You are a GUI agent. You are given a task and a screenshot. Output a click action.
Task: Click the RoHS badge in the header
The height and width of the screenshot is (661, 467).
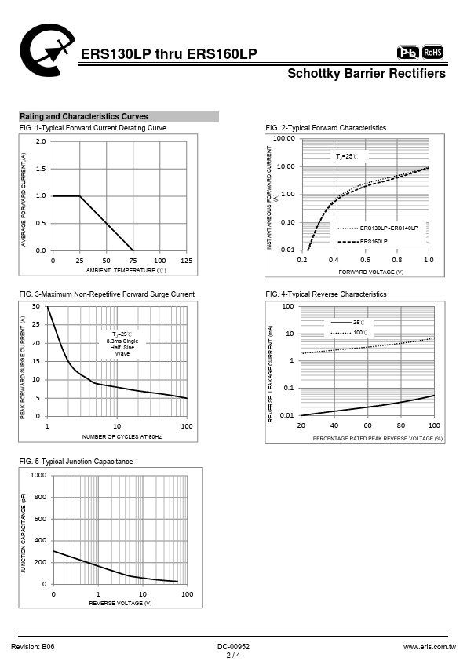point(433,53)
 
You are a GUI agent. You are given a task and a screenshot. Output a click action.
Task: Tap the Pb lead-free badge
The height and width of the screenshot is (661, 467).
point(408,53)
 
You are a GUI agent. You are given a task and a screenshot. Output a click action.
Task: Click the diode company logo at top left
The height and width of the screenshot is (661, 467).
point(46,49)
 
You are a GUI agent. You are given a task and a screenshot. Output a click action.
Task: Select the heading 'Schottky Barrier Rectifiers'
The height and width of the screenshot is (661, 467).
point(367,73)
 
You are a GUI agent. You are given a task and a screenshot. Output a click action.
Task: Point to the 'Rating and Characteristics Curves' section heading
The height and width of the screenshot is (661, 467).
point(84,116)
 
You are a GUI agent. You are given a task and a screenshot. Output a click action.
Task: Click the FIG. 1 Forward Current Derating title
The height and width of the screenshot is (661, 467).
point(93,128)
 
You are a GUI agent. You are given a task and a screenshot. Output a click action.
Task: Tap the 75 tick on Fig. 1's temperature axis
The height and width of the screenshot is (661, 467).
point(133,261)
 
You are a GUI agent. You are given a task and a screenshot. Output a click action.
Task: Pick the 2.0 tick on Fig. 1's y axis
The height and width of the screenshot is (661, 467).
point(41,141)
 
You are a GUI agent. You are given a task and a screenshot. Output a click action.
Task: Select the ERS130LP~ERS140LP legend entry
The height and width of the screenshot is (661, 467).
point(378,228)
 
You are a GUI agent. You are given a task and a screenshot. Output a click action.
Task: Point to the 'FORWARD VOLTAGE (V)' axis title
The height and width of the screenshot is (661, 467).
point(371,272)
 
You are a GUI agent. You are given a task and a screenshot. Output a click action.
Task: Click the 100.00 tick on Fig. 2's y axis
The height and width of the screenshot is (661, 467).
point(283,138)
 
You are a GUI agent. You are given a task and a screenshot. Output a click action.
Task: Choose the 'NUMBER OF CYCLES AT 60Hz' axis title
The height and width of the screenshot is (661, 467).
point(122,436)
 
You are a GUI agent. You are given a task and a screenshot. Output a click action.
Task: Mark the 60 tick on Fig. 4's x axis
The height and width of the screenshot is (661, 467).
point(367,425)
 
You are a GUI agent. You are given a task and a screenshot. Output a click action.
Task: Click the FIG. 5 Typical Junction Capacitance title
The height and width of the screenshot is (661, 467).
point(76,462)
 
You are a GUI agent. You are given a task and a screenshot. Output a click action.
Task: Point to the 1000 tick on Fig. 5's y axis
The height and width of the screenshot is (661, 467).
point(38,475)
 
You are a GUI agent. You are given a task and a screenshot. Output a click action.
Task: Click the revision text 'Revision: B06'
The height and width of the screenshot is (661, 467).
point(33,647)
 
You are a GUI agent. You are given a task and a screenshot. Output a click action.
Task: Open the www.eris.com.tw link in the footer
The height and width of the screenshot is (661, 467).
point(429,647)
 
